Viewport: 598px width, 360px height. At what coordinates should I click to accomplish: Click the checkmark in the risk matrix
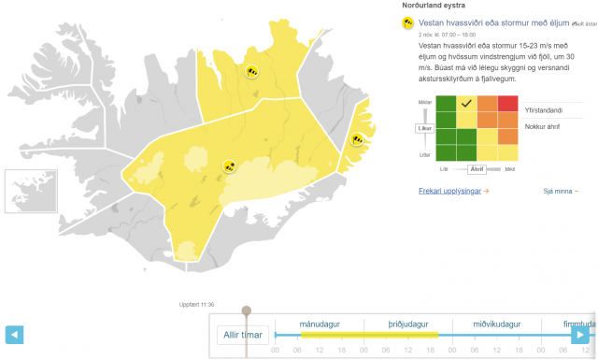point(466,103)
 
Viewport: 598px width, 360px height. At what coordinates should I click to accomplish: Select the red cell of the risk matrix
point(507,103)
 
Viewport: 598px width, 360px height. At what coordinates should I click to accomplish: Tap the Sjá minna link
point(559,191)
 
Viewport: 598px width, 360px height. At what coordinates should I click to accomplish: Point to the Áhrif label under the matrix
point(477,169)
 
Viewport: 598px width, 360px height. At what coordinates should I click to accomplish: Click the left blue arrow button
point(14,334)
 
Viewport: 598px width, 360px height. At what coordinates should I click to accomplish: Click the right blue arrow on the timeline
point(580,334)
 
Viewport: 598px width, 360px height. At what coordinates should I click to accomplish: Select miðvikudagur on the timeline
point(491,324)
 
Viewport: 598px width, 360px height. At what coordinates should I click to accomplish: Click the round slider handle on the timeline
point(246,310)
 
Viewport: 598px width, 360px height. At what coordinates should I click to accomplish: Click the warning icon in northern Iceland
point(252,71)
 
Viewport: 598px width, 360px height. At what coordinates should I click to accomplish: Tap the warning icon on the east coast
point(356,139)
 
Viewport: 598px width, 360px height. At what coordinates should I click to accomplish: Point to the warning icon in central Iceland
point(230,166)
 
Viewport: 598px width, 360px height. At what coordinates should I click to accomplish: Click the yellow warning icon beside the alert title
point(408,23)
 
